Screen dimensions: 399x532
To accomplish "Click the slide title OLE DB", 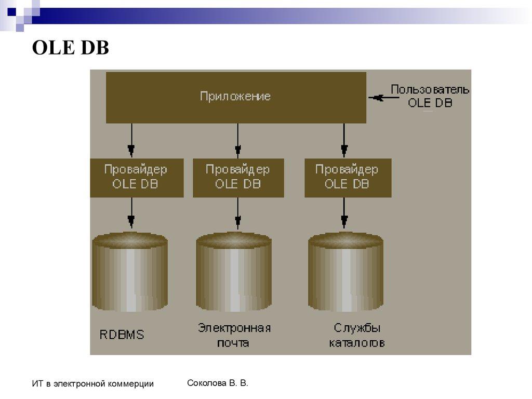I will pyautogui.click(x=70, y=48).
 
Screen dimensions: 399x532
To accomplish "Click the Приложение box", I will pyautogui.click(x=236, y=97).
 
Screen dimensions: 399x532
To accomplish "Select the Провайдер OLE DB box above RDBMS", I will pyautogui.click(x=136, y=177).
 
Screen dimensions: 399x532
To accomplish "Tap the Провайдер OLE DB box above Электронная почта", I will pyautogui.click(x=238, y=177).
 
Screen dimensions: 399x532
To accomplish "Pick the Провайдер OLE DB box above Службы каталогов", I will pyautogui.click(x=347, y=177).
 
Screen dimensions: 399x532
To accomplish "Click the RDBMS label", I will pyautogui.click(x=122, y=335).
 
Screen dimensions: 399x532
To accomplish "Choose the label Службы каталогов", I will pyautogui.click(x=357, y=336).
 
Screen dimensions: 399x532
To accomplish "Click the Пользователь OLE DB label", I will pyautogui.click(x=430, y=96).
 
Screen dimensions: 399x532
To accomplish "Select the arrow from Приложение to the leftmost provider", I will pyautogui.click(x=131, y=140).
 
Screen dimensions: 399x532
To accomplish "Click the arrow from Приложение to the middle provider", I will pyautogui.click(x=237, y=140).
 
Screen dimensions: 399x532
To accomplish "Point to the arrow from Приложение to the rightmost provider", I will pyautogui.click(x=344, y=140).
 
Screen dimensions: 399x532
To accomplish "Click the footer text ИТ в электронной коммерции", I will pyautogui.click(x=92, y=384).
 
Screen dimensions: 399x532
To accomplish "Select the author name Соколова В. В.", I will pyautogui.click(x=217, y=383).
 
